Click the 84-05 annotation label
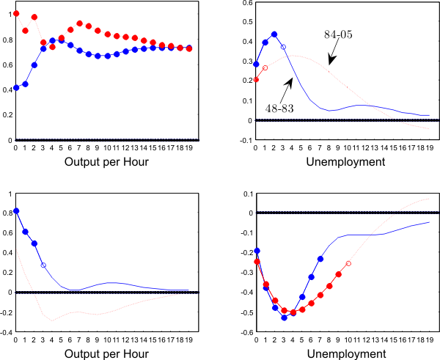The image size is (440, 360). [339, 34]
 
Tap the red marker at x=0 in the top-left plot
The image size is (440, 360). [16, 13]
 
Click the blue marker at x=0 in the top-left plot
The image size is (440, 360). [16, 88]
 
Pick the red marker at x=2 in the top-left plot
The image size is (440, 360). [34, 17]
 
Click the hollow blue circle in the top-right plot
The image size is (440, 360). [283, 47]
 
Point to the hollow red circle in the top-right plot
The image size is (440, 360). [265, 67]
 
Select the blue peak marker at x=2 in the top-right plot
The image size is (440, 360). [274, 34]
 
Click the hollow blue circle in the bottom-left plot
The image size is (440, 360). [43, 265]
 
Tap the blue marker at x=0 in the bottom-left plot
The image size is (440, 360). [16, 210]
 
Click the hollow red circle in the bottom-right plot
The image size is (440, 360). [348, 263]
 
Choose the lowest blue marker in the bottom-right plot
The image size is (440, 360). [284, 317]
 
